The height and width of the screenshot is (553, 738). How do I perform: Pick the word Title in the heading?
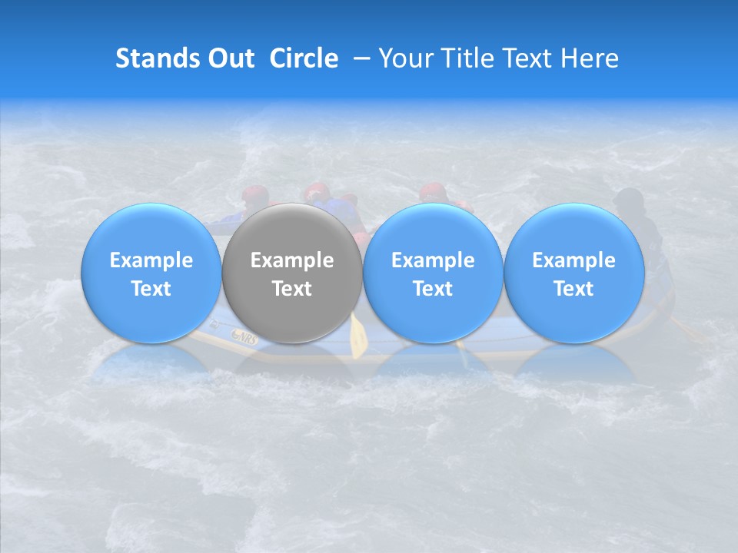click(x=470, y=58)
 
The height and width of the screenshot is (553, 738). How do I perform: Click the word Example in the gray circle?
click(x=292, y=260)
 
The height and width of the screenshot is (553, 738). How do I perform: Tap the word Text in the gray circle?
click(x=292, y=289)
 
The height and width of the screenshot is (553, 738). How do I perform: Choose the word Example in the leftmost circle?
click(x=151, y=260)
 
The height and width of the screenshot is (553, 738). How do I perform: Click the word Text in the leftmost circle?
click(x=151, y=289)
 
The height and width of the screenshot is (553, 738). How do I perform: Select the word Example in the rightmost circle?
click(x=573, y=260)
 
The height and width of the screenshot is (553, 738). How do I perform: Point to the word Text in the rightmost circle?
click(x=573, y=289)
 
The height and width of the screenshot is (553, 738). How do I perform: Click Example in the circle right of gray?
click(x=433, y=260)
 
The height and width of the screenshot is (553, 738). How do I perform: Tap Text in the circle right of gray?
click(x=433, y=289)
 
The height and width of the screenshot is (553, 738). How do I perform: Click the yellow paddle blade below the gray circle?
click(x=358, y=336)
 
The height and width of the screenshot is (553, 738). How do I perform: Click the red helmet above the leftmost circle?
click(x=254, y=194)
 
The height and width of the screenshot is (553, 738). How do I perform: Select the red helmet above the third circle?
click(x=432, y=191)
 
